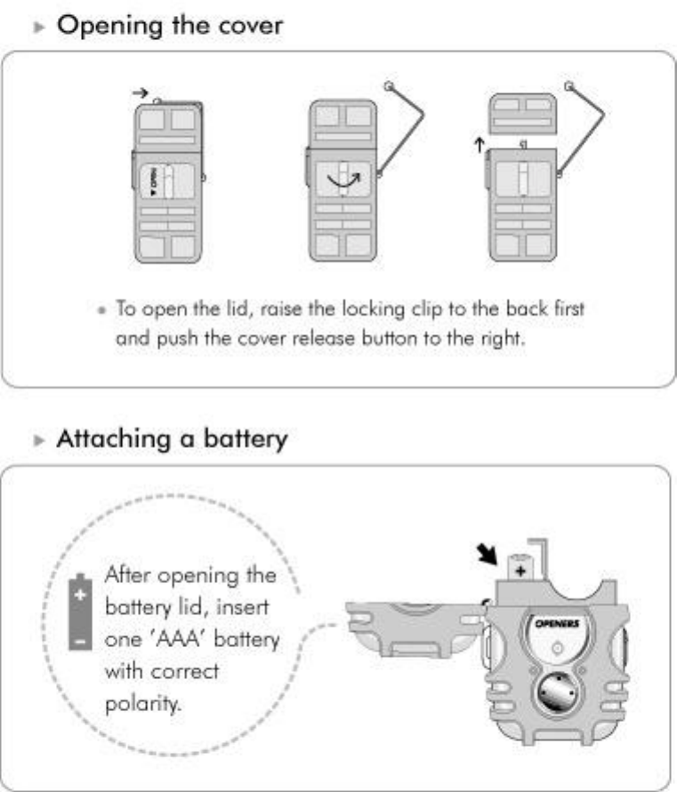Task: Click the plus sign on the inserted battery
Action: tap(520, 569)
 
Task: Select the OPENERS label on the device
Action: tap(557, 623)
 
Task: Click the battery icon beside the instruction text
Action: tap(81, 613)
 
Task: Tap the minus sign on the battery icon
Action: tap(81, 639)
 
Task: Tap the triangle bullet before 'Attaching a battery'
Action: tap(38, 440)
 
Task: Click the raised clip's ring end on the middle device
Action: tap(389, 86)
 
